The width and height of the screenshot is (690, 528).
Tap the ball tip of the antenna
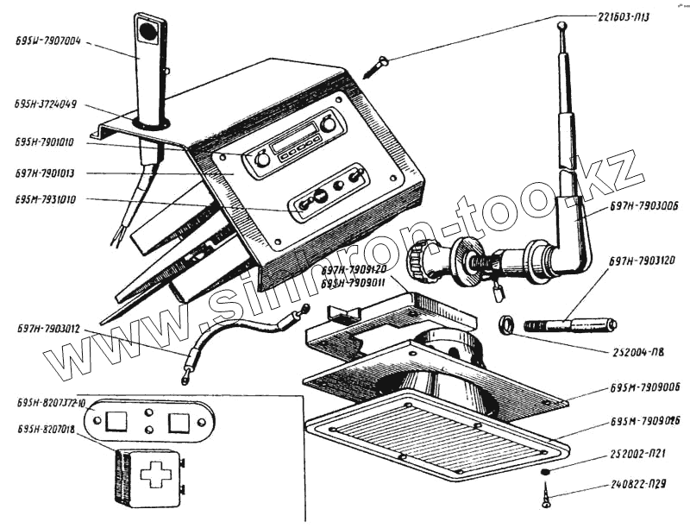(x=561, y=27)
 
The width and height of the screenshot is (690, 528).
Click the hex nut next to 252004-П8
(x=507, y=325)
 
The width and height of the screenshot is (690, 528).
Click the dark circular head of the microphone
(x=147, y=31)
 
